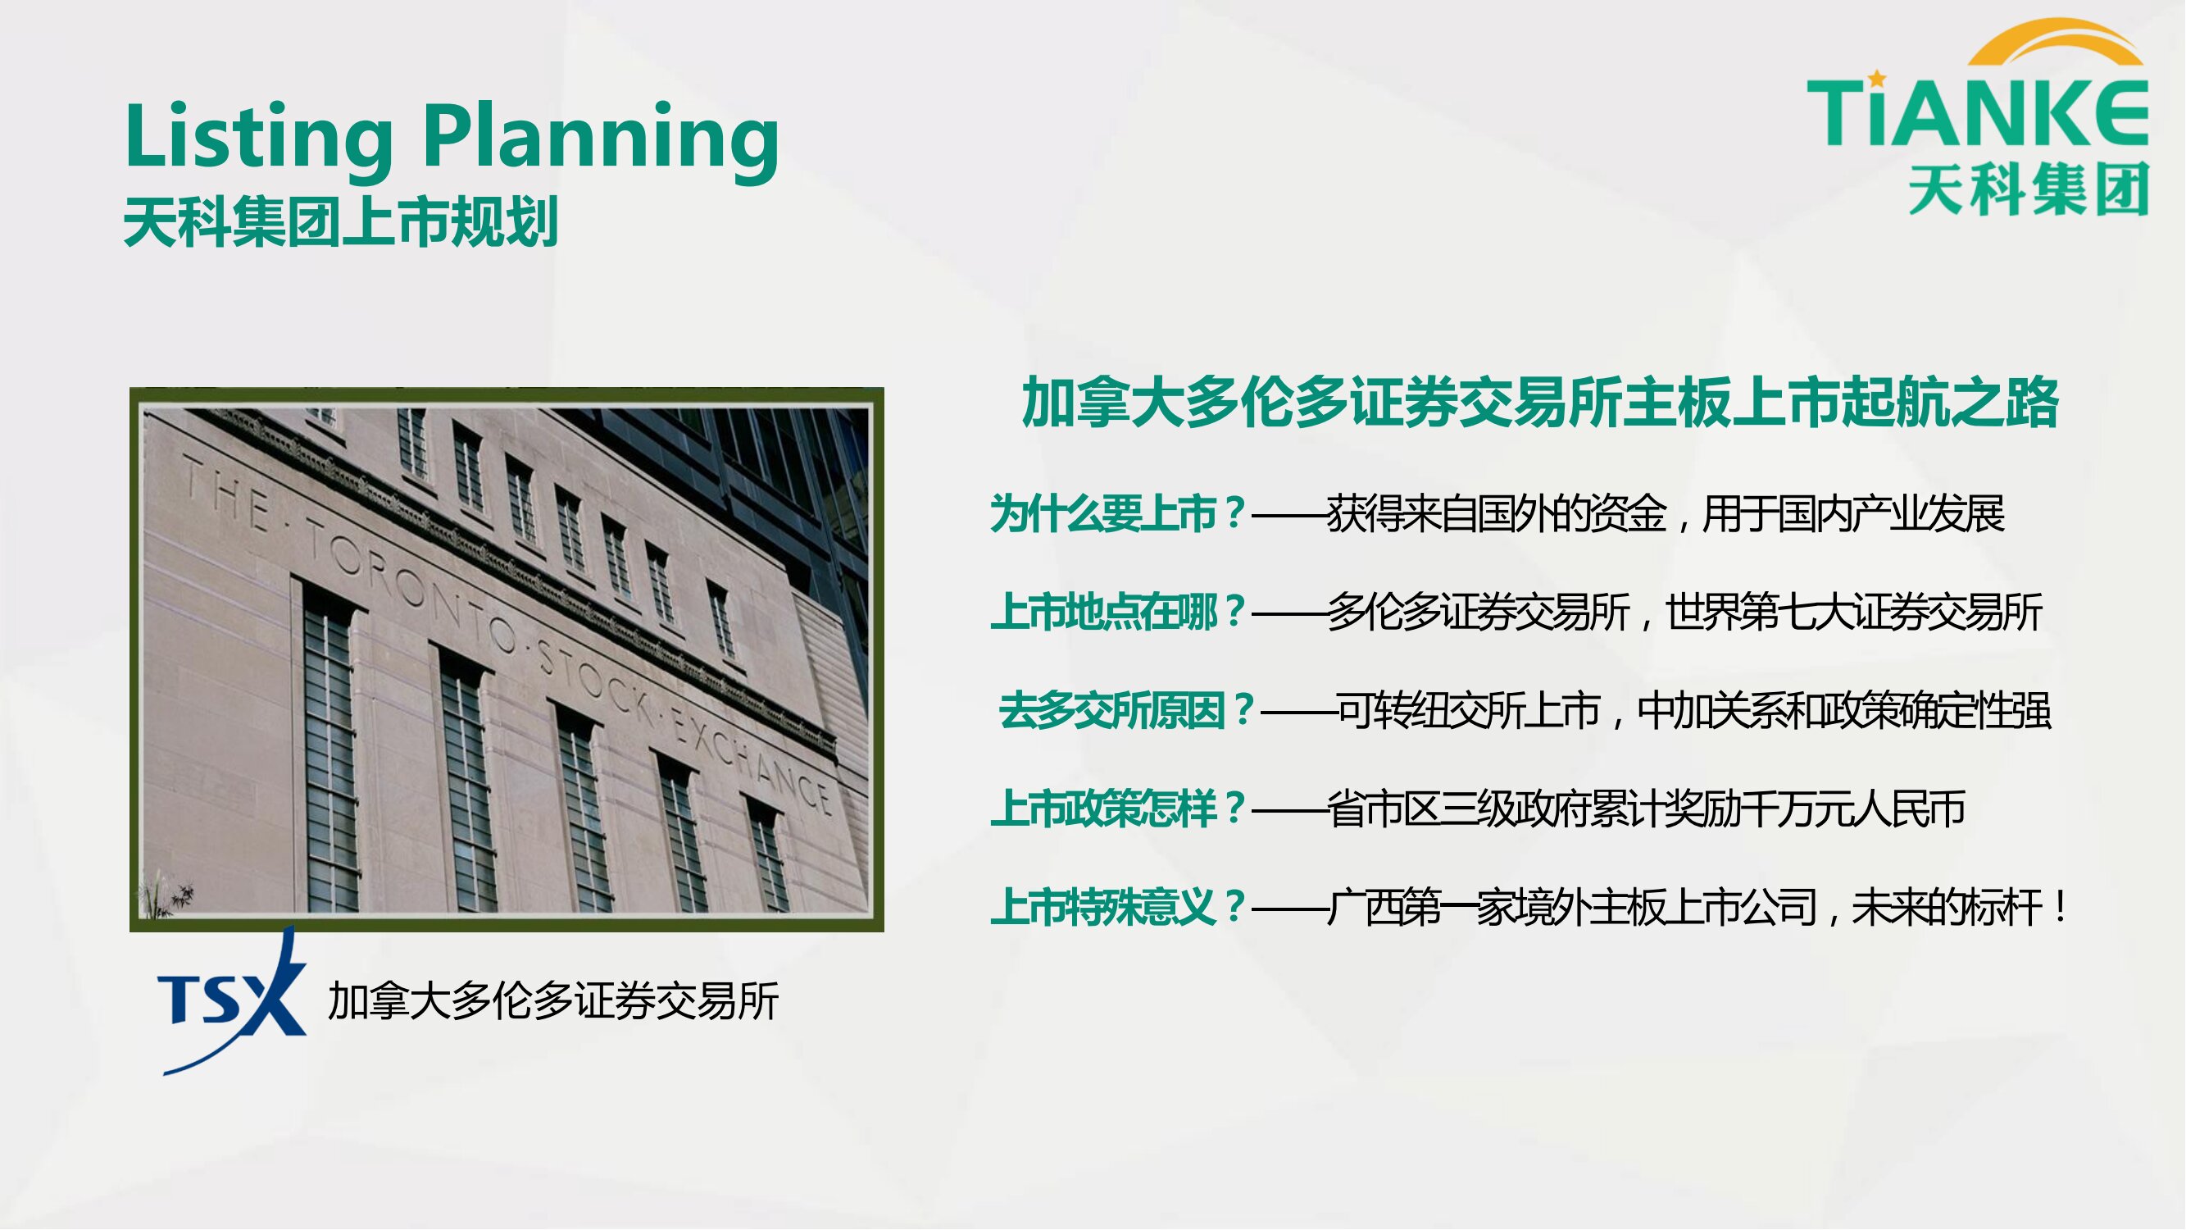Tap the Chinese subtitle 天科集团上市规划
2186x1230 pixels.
click(341, 222)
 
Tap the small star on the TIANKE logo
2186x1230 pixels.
click(1877, 79)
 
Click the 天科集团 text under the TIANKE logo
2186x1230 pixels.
click(2029, 189)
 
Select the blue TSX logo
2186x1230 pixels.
click(232, 1000)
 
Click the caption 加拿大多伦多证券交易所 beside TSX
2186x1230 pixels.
click(553, 1002)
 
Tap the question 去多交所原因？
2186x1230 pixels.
click(1126, 710)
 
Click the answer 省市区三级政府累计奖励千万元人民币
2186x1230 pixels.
click(1647, 809)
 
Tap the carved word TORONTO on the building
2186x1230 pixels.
click(411, 581)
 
